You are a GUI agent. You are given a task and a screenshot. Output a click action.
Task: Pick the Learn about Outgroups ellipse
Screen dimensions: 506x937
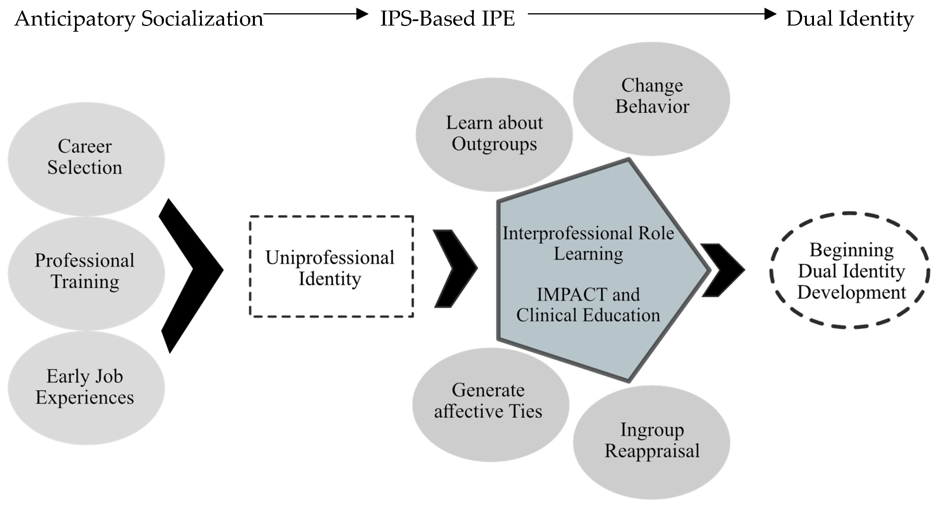494,134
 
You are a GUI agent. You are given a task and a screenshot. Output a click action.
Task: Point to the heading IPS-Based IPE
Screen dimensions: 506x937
447,19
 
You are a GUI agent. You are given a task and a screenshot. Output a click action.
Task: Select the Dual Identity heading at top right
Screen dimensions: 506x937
850,19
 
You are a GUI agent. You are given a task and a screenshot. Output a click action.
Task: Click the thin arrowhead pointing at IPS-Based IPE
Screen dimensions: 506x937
362,14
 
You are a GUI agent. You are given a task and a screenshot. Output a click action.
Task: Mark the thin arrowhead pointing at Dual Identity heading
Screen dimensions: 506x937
770,14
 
